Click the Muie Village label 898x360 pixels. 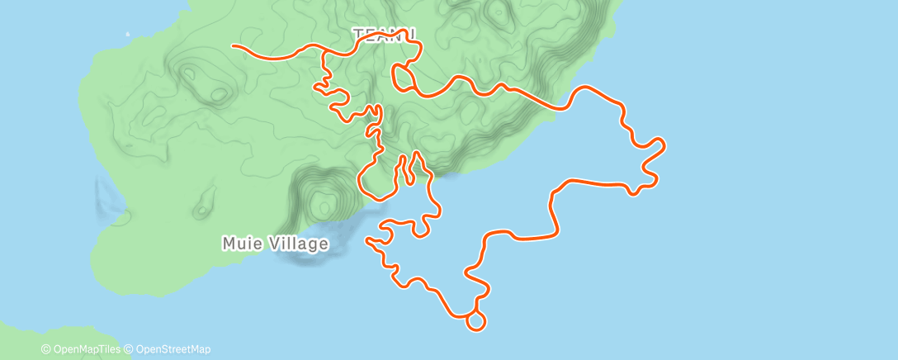click(x=276, y=244)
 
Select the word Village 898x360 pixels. click(x=296, y=244)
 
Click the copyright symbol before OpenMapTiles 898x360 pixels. click(x=45, y=350)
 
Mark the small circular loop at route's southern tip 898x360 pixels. click(x=475, y=321)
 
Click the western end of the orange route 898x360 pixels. click(x=234, y=46)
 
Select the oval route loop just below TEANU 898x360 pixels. click(x=403, y=79)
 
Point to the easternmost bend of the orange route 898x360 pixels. click(x=664, y=147)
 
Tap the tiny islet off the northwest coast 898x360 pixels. click(x=128, y=35)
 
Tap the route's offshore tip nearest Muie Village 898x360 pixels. click(x=367, y=241)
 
